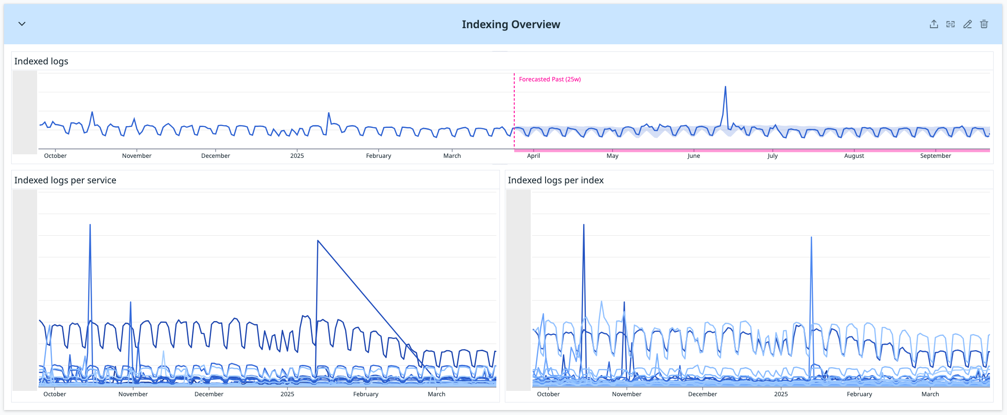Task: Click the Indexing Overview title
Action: coord(511,25)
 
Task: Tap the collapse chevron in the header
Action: coord(22,24)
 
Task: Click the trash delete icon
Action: coord(984,24)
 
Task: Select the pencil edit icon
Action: coord(967,24)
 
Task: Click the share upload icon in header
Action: coord(934,24)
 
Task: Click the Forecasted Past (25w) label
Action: coord(550,79)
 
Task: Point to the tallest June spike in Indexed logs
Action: coord(725,87)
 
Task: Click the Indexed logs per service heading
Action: coord(65,180)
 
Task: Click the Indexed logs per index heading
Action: coord(555,180)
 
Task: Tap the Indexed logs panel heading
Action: coord(41,61)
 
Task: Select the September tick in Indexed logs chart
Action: coord(935,156)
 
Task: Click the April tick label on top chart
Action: coord(533,156)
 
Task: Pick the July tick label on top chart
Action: coord(772,156)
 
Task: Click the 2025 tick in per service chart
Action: coord(287,394)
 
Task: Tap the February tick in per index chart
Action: coord(859,394)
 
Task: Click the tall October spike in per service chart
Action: coord(90,226)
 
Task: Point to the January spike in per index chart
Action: coord(811,238)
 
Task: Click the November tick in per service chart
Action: coord(133,394)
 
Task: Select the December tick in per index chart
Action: coord(702,394)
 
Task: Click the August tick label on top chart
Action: coord(854,156)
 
